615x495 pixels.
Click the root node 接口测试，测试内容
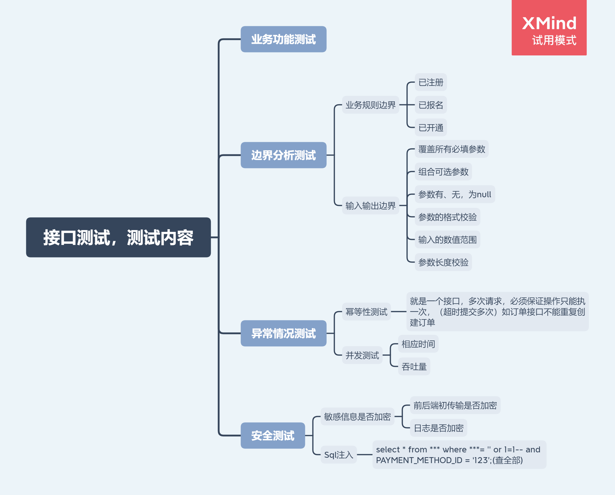click(118, 237)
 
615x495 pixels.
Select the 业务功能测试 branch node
click(284, 39)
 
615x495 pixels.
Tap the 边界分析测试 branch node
click(284, 155)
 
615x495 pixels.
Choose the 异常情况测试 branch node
click(284, 333)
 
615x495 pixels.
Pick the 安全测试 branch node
click(273, 435)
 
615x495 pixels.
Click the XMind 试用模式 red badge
click(549, 28)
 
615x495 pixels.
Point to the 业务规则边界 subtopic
click(371, 105)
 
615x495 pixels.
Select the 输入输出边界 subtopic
click(371, 206)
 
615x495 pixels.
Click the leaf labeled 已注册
click(431, 82)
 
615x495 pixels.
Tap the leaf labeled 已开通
click(431, 128)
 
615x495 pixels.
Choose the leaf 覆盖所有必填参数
click(452, 149)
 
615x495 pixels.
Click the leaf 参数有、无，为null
click(455, 194)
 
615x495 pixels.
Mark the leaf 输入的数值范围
click(447, 240)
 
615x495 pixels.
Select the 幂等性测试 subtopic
click(366, 312)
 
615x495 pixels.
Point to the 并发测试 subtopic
click(362, 355)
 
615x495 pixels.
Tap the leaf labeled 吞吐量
click(414, 367)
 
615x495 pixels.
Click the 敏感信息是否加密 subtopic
click(357, 417)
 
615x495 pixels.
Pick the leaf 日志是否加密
click(439, 428)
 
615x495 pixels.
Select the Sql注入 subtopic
click(339, 455)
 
